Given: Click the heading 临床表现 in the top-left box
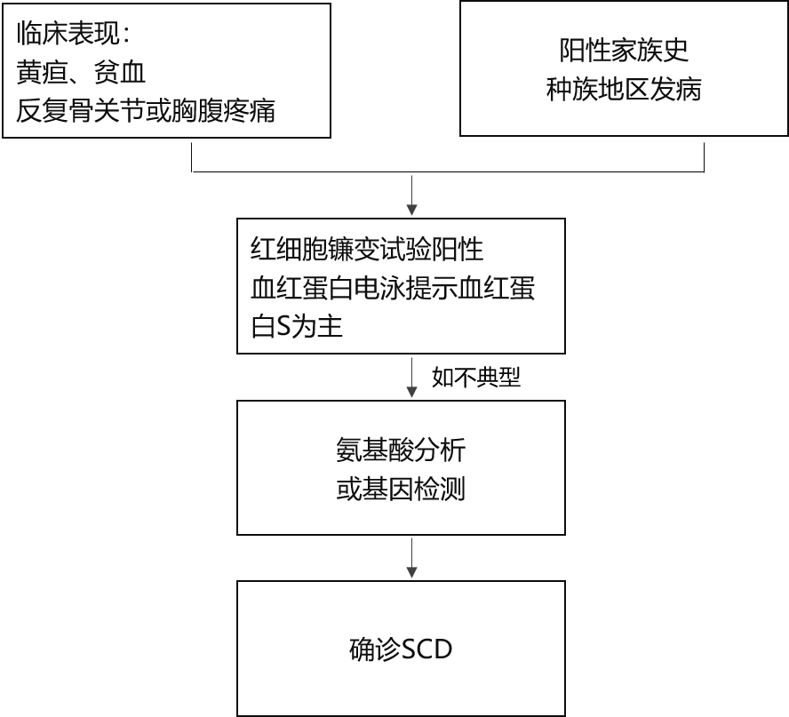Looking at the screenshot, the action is (68, 34).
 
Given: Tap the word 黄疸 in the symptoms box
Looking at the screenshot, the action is (42, 73).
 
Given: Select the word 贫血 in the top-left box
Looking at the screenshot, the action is (120, 73).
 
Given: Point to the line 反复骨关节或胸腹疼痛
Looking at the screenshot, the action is (146, 111).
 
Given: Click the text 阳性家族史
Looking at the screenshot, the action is (624, 51).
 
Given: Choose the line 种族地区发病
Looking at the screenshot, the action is (624, 90).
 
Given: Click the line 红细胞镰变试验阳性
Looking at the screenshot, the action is (367, 250).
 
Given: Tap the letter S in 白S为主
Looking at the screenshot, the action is (283, 327).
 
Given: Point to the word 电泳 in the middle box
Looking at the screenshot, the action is (380, 288).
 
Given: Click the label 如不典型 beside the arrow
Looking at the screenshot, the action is (476, 377).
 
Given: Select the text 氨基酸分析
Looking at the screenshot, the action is (401, 450).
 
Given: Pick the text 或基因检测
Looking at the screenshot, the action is (401, 489).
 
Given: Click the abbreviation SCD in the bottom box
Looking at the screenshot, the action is (426, 649).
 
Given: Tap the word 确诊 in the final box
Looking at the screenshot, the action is (375, 649).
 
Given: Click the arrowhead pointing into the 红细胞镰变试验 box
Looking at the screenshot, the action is (412, 211).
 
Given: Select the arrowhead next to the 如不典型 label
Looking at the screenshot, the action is (412, 392).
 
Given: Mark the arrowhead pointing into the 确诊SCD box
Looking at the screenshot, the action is (412, 572).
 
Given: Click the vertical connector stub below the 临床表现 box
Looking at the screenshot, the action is (192, 157).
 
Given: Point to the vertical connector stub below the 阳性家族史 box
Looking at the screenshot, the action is (704, 157).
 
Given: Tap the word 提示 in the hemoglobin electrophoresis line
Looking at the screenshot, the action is (431, 288).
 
